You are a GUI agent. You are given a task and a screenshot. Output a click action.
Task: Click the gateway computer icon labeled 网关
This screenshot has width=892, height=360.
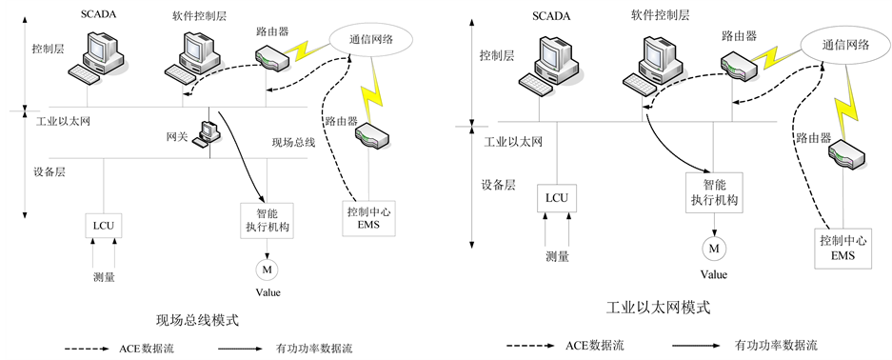(x=205, y=133)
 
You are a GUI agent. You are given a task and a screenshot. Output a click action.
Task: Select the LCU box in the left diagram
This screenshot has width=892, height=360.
(x=104, y=225)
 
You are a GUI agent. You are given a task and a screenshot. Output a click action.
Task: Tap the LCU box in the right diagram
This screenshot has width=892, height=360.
(x=557, y=198)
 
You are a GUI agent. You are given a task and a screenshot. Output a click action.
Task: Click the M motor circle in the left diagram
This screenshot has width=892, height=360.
(x=267, y=270)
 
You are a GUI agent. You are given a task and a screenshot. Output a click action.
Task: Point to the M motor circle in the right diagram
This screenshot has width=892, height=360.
(x=713, y=248)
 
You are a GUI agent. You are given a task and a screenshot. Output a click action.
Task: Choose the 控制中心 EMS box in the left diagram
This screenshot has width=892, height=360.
(x=367, y=219)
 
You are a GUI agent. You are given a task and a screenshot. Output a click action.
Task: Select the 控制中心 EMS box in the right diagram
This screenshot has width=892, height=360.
(x=843, y=249)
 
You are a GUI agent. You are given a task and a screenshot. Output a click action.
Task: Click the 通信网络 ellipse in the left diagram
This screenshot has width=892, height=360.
(x=371, y=39)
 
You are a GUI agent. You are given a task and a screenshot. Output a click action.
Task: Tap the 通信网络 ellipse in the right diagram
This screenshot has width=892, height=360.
(x=846, y=46)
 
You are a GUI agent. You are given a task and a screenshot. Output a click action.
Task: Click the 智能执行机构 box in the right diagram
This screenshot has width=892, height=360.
(x=714, y=192)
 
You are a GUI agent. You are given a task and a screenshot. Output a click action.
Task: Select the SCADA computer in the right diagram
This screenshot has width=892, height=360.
(x=549, y=66)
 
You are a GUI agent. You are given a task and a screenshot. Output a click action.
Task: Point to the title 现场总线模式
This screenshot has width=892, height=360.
(x=196, y=320)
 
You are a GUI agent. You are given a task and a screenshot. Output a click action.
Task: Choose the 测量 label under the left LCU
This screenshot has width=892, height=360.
(x=104, y=277)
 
